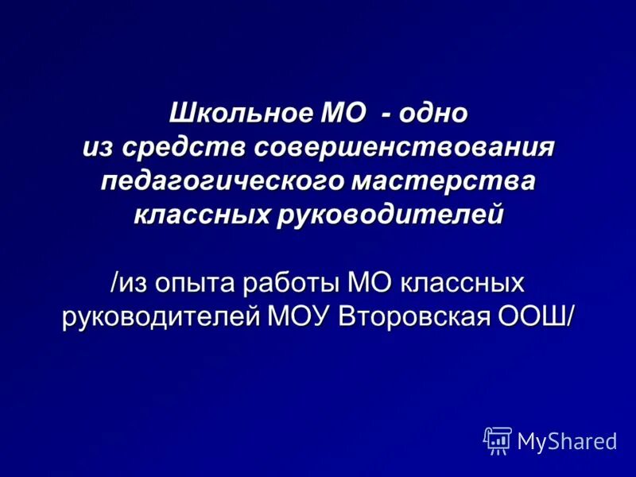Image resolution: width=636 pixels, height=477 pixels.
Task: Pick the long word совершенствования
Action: click(404, 148)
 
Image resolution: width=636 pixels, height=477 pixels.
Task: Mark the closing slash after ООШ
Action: click(569, 315)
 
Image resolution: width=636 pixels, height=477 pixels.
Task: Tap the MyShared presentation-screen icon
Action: click(498, 440)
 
